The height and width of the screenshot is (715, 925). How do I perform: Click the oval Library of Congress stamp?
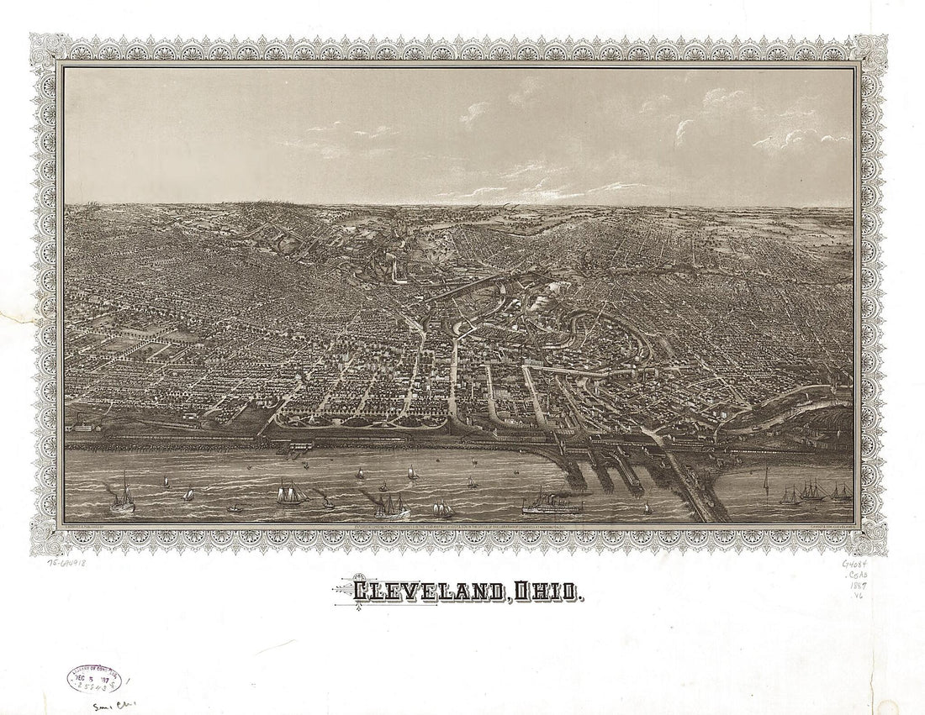(93, 679)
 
